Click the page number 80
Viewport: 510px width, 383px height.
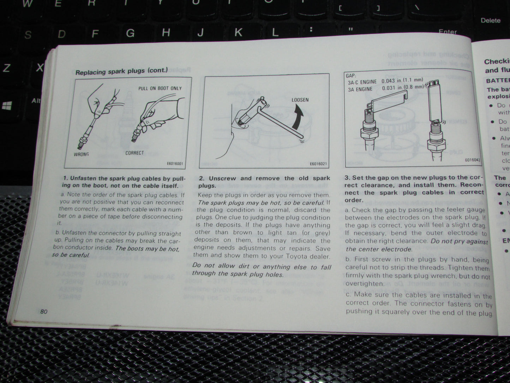(x=43, y=311)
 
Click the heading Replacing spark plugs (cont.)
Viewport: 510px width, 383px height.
(x=121, y=71)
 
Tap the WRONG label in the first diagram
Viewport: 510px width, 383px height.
(x=81, y=154)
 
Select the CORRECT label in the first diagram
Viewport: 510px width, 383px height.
(x=134, y=153)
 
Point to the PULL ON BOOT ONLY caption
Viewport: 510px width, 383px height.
(x=160, y=88)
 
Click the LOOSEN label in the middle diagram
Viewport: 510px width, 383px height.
(x=300, y=100)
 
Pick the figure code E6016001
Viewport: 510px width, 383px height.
(x=175, y=164)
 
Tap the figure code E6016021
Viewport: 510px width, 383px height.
(x=318, y=164)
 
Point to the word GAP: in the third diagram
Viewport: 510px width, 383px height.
(x=351, y=76)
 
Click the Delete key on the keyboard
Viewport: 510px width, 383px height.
(x=490, y=20)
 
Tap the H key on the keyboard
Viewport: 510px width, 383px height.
(x=166, y=33)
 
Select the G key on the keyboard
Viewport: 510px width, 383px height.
(x=130, y=33)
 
